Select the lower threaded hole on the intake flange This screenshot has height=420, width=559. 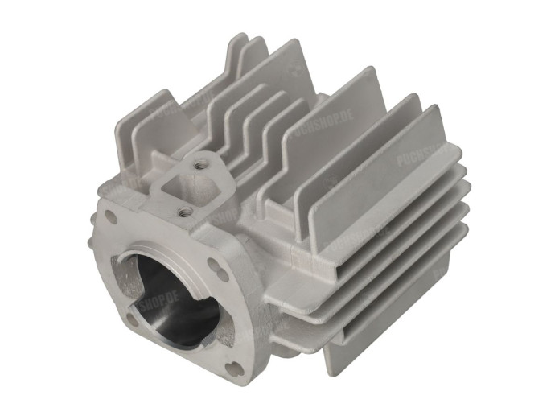183,212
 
